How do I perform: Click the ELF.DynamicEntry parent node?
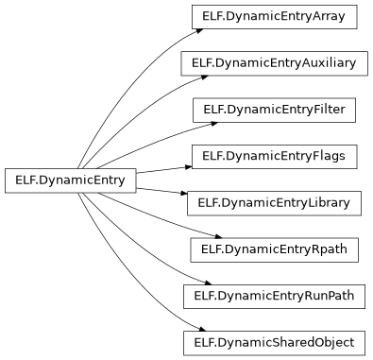(x=71, y=180)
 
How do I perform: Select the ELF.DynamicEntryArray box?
(x=274, y=17)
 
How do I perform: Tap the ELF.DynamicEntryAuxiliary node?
(x=274, y=63)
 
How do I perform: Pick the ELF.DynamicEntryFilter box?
(x=274, y=110)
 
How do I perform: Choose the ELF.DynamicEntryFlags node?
(x=274, y=156)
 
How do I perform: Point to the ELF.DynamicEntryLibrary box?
(x=274, y=202)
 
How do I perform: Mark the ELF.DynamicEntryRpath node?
(x=274, y=249)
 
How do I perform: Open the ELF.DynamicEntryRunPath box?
(x=274, y=296)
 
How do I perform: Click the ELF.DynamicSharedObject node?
(x=274, y=342)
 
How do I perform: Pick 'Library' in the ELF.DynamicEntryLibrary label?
(x=329, y=202)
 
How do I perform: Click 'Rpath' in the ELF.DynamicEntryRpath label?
(x=330, y=249)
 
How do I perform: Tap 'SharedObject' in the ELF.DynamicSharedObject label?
(x=314, y=342)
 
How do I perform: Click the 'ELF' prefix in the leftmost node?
(x=25, y=180)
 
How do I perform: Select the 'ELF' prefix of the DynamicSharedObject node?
(x=204, y=342)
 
